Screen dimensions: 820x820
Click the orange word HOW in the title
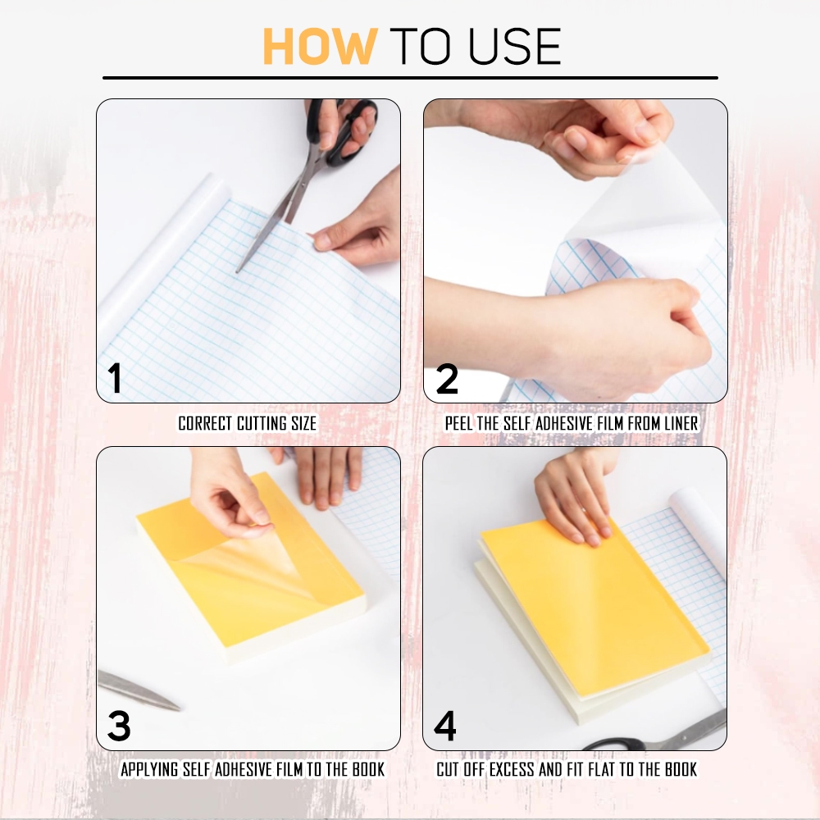coord(320,46)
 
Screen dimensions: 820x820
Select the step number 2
coord(447,379)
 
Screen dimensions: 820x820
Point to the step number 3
coord(119,726)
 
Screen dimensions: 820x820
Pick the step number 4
coord(445,726)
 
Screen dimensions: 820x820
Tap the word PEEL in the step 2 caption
coord(458,423)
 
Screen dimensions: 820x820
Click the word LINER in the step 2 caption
coord(681,423)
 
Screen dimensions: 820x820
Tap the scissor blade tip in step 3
coord(179,708)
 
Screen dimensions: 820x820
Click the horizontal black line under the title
coord(411,78)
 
